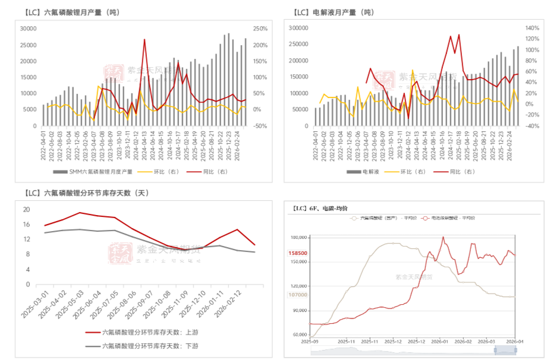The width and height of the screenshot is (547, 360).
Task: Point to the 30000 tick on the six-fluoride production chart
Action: coord(27,29)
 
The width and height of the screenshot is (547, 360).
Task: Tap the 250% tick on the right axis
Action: coord(260,29)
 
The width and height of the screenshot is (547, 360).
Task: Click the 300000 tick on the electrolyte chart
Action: coord(298,28)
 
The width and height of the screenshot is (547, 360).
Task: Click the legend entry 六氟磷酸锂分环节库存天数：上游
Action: coord(150,333)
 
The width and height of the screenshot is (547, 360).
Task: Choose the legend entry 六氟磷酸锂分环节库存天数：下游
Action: coord(150,346)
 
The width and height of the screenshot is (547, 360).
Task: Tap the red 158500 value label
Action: coord(297,253)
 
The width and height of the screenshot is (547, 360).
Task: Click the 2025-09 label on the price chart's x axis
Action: coord(310,342)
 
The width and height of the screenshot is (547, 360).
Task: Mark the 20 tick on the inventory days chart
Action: coord(26,210)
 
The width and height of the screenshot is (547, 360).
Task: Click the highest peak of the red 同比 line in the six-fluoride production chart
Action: coord(144,40)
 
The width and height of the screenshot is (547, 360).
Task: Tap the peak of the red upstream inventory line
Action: coord(80,213)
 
